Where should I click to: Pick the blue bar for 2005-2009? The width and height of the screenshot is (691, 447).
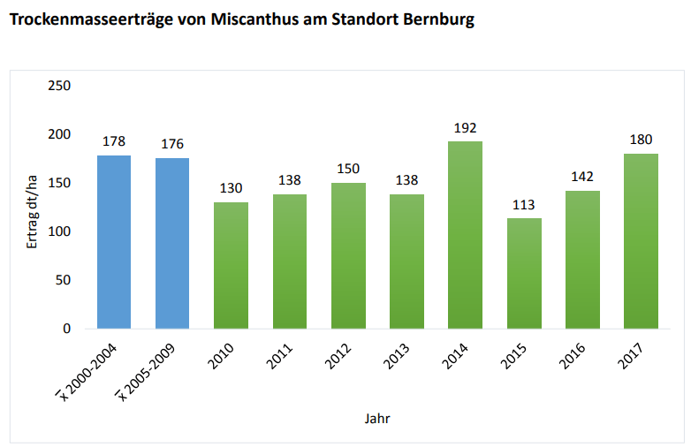[172, 243]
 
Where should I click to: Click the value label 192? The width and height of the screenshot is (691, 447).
[465, 128]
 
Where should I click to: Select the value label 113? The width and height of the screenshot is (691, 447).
[524, 205]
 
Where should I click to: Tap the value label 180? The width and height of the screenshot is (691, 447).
[641, 140]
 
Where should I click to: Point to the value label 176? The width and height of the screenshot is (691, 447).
[172, 144]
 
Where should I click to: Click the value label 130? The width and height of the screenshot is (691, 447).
[231, 189]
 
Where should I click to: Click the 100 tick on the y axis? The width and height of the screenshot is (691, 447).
[59, 231]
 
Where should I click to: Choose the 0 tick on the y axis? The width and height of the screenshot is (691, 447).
[66, 329]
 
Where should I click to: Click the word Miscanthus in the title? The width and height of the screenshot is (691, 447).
[255, 19]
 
